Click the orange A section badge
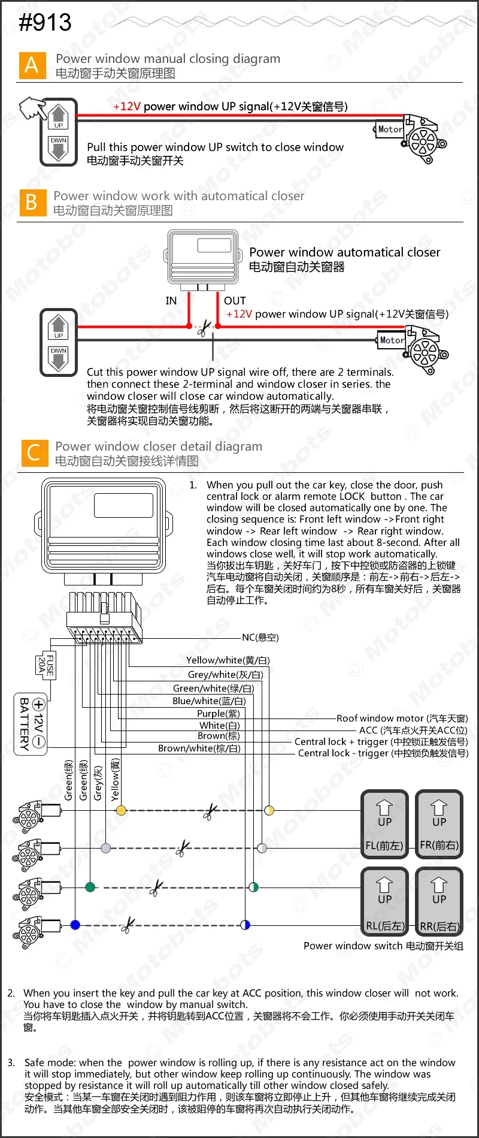[x=32, y=65]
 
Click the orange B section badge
[x=32, y=203]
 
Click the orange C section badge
[x=34, y=453]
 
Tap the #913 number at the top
[x=45, y=23]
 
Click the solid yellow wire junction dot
[x=121, y=811]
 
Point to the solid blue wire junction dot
[x=75, y=925]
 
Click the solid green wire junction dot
[x=90, y=887]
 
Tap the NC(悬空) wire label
[x=260, y=638]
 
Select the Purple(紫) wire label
[x=219, y=714]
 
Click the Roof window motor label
[x=402, y=719]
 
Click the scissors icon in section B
[x=204, y=328]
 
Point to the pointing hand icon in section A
[x=32, y=108]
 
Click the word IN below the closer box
[x=171, y=301]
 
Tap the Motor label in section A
[x=390, y=129]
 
